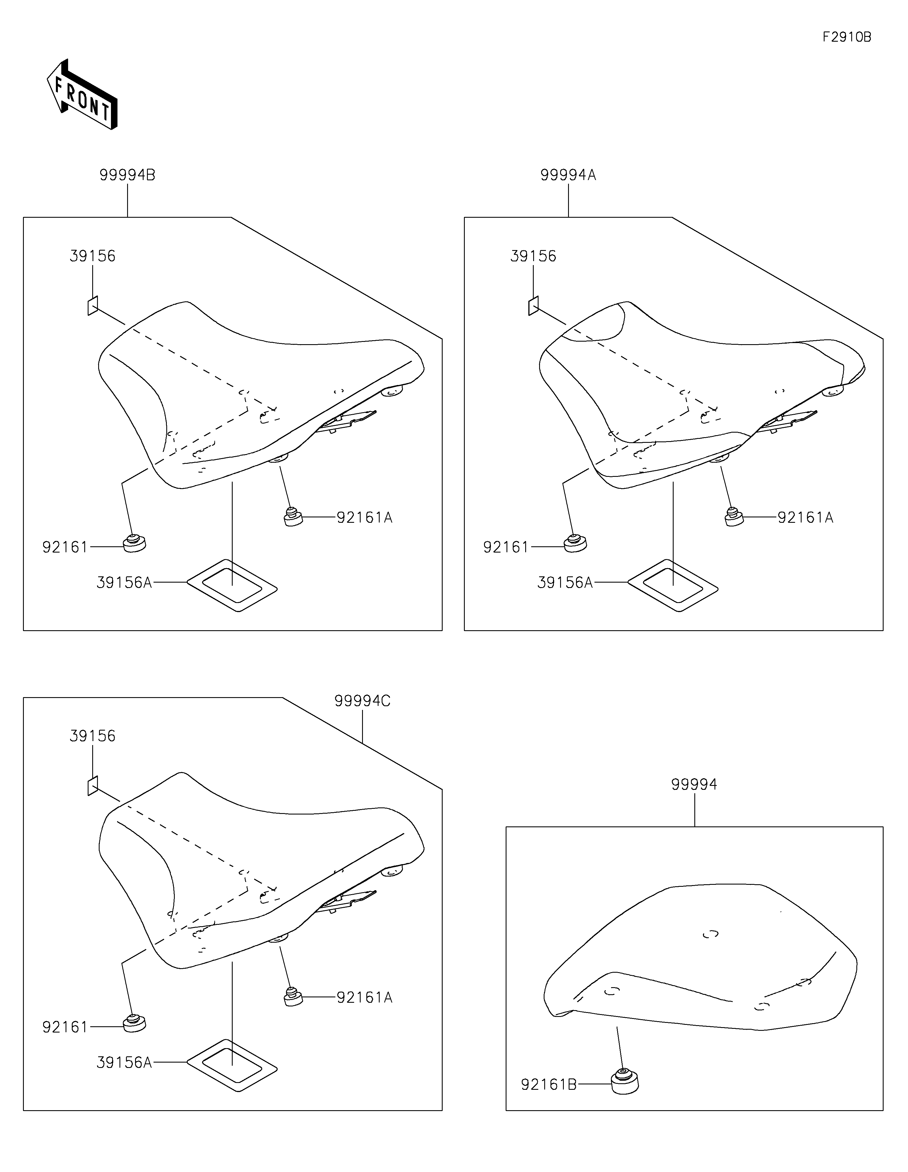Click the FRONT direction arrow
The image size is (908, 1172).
(82, 95)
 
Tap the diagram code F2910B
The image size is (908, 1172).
(847, 37)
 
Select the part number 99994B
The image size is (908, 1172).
(127, 175)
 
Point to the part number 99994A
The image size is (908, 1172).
(568, 175)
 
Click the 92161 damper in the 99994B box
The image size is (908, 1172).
(134, 543)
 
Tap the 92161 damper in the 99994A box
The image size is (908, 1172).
(575, 543)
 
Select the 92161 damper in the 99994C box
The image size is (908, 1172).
(134, 1024)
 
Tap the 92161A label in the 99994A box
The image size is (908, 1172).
(806, 518)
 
